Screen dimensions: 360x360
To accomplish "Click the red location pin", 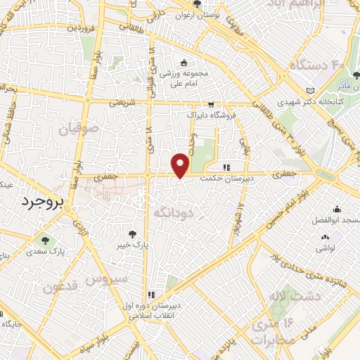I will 181,165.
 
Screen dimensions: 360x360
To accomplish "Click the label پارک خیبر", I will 133,246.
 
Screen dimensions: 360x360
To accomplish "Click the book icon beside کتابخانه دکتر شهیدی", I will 310,91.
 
